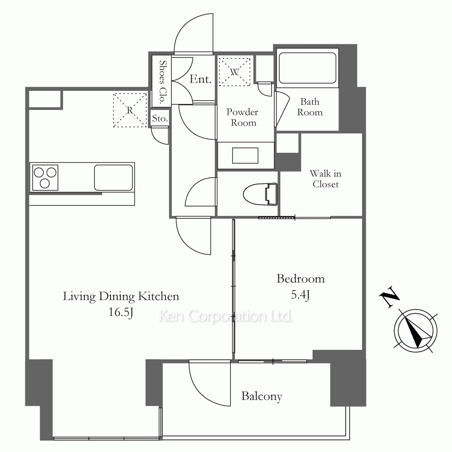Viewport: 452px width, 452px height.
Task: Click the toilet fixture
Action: point(260,194)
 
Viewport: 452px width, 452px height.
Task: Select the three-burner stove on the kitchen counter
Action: point(45,178)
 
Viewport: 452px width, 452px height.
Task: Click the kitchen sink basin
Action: point(113,178)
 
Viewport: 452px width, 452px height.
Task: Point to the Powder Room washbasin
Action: point(245,155)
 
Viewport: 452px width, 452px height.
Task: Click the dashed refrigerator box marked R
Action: point(130,110)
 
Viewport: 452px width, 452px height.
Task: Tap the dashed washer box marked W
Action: point(234,72)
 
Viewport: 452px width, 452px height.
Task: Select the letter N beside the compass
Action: point(390,297)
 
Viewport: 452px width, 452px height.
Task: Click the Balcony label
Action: point(262,396)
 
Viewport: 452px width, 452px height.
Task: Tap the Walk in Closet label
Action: point(325,179)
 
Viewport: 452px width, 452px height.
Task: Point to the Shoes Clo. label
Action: point(163,82)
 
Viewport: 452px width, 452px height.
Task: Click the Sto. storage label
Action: point(160,118)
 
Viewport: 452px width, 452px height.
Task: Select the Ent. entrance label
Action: point(200,79)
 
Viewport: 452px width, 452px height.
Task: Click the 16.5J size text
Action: point(121,312)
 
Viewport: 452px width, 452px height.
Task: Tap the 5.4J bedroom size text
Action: point(301,295)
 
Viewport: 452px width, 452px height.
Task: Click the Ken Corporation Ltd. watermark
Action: point(226,316)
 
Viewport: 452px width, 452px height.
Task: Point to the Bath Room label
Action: point(310,107)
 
